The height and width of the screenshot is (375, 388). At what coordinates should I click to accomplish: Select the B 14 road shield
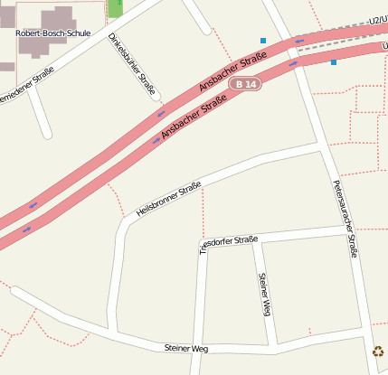pyautogui.click(x=244, y=84)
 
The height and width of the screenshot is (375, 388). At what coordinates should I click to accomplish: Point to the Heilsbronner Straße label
pyautogui.click(x=168, y=199)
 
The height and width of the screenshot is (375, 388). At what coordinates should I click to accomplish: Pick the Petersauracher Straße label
pyautogui.click(x=341, y=217)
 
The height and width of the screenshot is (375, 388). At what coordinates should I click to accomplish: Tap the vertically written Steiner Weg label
pyautogui.click(x=264, y=295)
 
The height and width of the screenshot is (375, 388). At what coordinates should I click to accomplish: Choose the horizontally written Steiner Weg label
pyautogui.click(x=186, y=347)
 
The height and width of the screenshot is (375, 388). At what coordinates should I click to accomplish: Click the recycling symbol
pyautogui.click(x=378, y=352)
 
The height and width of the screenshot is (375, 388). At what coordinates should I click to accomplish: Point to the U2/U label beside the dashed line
pyautogui.click(x=377, y=18)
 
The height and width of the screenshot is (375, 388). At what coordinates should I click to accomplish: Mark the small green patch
pyautogui.click(x=115, y=7)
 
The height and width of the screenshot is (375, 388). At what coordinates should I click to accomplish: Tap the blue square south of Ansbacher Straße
pyautogui.click(x=334, y=62)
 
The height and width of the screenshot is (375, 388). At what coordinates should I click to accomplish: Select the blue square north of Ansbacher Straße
pyautogui.click(x=263, y=41)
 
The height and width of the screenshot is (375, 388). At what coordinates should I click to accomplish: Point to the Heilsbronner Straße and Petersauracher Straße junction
pyautogui.click(x=321, y=144)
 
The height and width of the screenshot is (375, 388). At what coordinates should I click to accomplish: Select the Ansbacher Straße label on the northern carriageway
pyautogui.click(x=232, y=71)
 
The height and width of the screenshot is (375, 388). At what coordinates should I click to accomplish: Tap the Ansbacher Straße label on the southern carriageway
pyautogui.click(x=194, y=118)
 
